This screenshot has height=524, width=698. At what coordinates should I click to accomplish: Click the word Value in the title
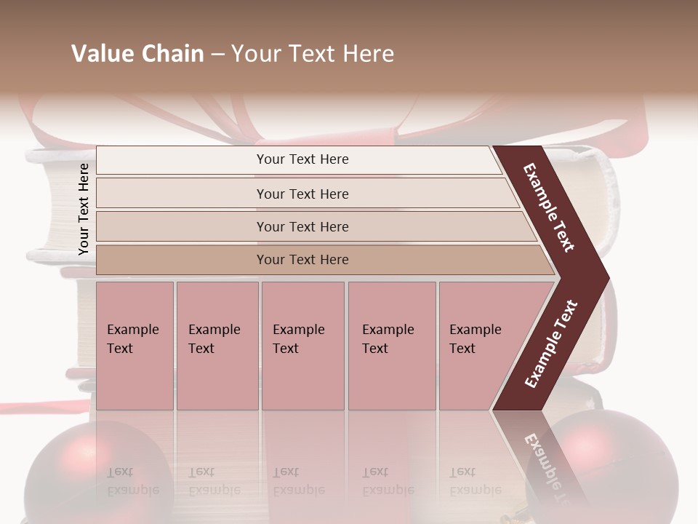point(100,54)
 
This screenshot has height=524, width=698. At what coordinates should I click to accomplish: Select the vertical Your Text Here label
point(84,209)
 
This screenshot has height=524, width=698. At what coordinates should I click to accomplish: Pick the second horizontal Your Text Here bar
point(302,194)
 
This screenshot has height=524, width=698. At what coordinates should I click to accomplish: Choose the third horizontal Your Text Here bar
point(302,226)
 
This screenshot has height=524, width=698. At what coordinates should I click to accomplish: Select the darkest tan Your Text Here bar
point(302,260)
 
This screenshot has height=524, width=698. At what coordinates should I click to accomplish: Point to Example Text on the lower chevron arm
point(551,344)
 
